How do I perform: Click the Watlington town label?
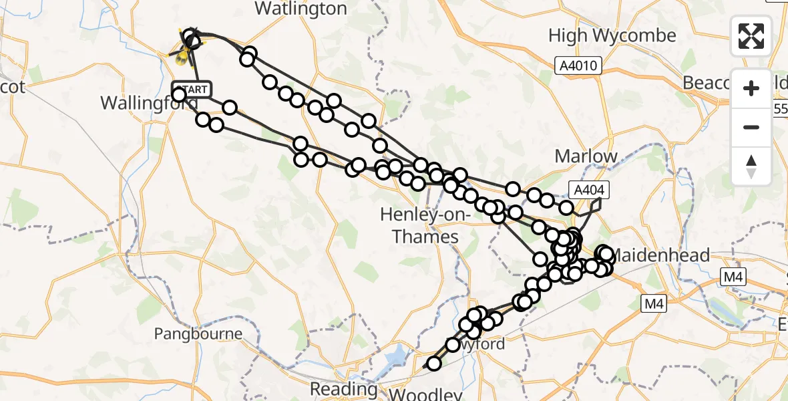301,9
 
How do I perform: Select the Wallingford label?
148,104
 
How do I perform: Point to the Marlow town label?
586,156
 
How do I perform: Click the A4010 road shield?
578,65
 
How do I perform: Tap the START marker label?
192,89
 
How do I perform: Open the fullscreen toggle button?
751,36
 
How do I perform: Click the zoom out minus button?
751,127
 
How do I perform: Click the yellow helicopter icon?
182,57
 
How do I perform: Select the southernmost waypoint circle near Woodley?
434,364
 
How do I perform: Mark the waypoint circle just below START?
179,95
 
